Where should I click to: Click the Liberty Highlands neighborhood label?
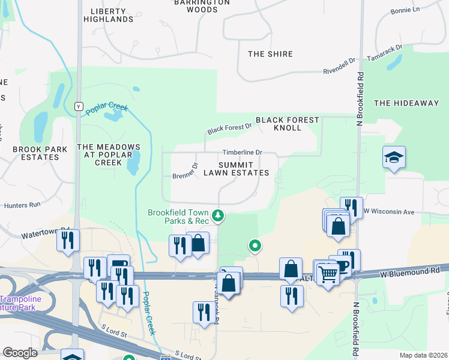tap(112, 15)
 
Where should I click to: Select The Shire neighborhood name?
tap(270, 54)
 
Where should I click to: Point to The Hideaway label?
tap(406, 103)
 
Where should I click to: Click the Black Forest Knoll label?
tap(288, 124)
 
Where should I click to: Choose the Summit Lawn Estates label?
tap(235, 169)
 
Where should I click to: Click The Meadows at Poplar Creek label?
tap(109, 155)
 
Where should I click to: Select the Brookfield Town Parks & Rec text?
tap(178, 217)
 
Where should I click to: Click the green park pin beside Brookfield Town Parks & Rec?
tap(218, 215)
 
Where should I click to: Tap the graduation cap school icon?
tap(394, 158)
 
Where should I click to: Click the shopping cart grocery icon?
tap(328, 274)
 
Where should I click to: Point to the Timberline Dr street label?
tap(243, 152)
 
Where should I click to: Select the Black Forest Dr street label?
tap(229, 128)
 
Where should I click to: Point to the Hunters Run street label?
tap(22, 205)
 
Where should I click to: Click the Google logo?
tap(20, 353)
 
